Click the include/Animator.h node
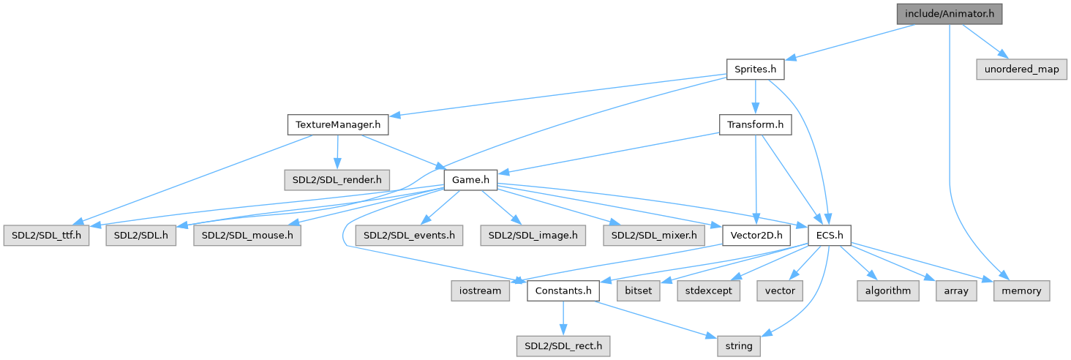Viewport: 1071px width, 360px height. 949,13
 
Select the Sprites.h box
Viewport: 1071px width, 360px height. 755,70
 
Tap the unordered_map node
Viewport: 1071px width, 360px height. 1021,70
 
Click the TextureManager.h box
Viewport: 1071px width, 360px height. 337,125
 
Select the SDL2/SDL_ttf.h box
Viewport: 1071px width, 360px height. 47,236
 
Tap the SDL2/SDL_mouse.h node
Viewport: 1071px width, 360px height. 247,236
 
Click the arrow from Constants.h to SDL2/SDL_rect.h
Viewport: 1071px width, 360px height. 563,318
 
